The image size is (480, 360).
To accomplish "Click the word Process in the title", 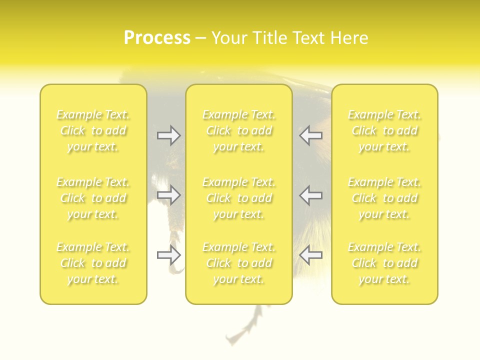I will pyautogui.click(x=157, y=38).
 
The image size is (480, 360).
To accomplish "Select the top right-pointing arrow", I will pyautogui.click(x=169, y=135).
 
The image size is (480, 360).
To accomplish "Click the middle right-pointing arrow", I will pyautogui.click(x=169, y=195).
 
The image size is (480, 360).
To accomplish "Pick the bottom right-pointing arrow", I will pyautogui.click(x=169, y=255).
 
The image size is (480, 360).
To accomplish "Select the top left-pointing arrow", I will pyautogui.click(x=310, y=135).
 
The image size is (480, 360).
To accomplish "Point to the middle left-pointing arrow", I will pyautogui.click(x=310, y=195).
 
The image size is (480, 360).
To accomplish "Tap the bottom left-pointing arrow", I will pyautogui.click(x=310, y=255).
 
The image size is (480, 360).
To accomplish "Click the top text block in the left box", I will pyautogui.click(x=93, y=130).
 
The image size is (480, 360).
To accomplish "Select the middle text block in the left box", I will pyautogui.click(x=93, y=198).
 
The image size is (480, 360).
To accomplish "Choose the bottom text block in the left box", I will pyautogui.click(x=93, y=263).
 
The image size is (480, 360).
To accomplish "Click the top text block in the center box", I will pyautogui.click(x=239, y=130).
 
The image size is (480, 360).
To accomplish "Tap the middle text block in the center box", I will pyautogui.click(x=239, y=198).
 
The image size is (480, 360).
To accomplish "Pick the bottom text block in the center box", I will pyautogui.click(x=239, y=263).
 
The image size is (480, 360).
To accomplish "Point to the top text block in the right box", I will pyautogui.click(x=384, y=130).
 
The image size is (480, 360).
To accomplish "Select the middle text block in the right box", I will pyautogui.click(x=384, y=198).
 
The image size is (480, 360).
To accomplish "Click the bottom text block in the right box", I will pyautogui.click(x=384, y=263).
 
